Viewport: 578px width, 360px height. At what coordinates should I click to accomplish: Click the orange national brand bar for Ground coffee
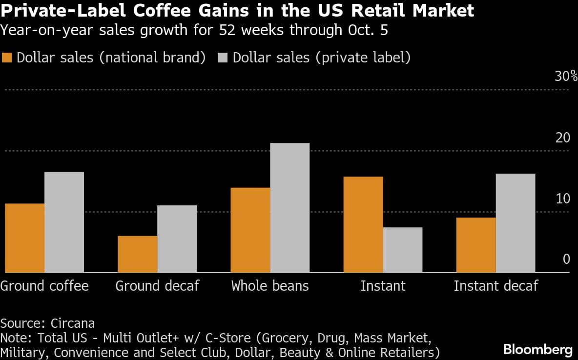[x=25, y=238]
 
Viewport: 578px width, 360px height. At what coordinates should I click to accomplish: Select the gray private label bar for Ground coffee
[x=64, y=222]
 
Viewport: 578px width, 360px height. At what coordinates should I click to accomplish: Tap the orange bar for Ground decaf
[x=138, y=254]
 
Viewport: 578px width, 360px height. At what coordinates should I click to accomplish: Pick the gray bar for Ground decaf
[x=177, y=239]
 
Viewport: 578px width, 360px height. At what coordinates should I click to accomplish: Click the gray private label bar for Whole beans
[x=289, y=208]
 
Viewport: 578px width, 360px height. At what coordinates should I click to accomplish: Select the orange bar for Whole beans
[x=250, y=230]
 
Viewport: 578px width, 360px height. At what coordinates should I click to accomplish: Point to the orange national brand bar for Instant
[x=363, y=224]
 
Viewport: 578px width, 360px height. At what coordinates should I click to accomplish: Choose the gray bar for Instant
[x=402, y=250]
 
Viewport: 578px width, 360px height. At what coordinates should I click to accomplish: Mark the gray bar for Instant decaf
[x=515, y=223]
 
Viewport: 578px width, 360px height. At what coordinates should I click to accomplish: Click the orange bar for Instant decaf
[x=476, y=245]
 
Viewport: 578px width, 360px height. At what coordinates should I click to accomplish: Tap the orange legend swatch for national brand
[x=7, y=58]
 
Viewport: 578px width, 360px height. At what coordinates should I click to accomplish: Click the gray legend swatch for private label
[x=223, y=58]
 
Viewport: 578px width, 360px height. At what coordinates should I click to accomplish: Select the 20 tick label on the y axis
[x=563, y=138]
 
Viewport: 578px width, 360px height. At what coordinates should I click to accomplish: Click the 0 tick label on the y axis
[x=566, y=259]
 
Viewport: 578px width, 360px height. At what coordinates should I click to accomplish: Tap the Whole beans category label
[x=270, y=285]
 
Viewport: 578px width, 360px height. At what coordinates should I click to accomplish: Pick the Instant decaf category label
[x=495, y=285]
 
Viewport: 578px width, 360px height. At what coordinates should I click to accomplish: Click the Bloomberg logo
[x=537, y=349]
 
